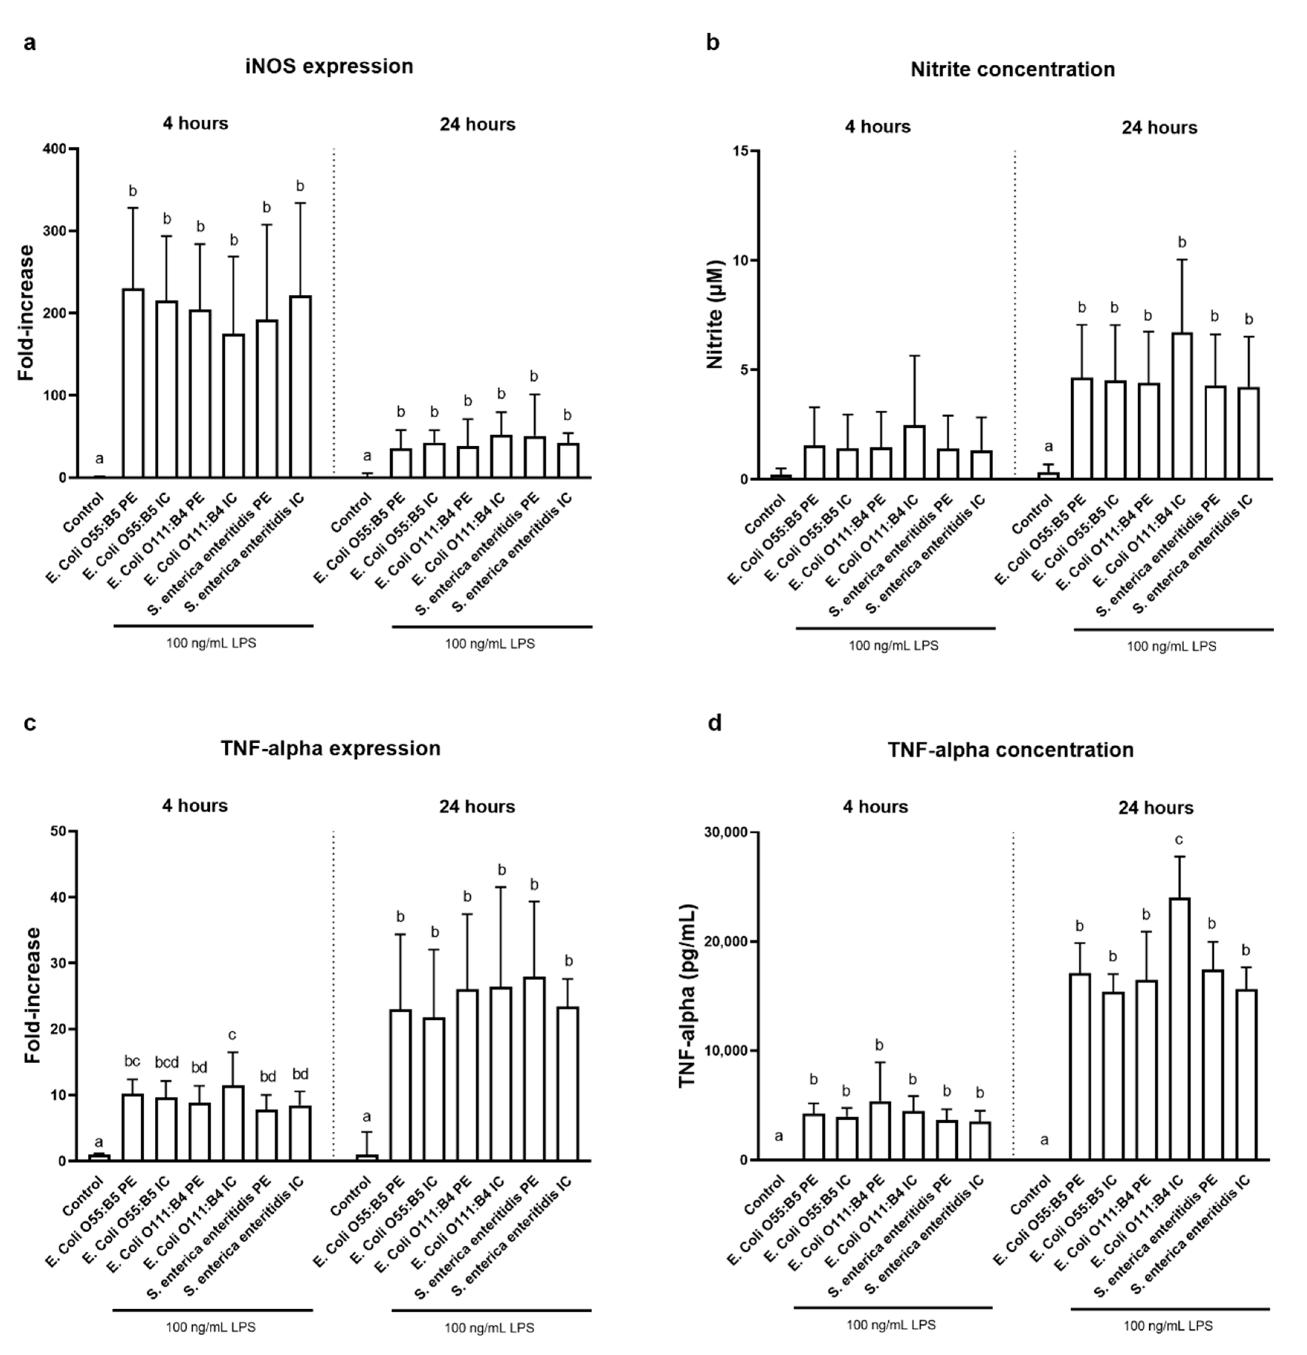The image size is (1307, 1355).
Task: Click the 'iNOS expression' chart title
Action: [329, 67]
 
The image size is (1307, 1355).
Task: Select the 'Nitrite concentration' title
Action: [1013, 69]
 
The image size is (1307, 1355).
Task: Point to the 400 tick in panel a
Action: [57, 149]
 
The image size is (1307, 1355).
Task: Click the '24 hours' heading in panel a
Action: [477, 124]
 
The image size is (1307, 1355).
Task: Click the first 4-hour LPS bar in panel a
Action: [133, 384]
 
